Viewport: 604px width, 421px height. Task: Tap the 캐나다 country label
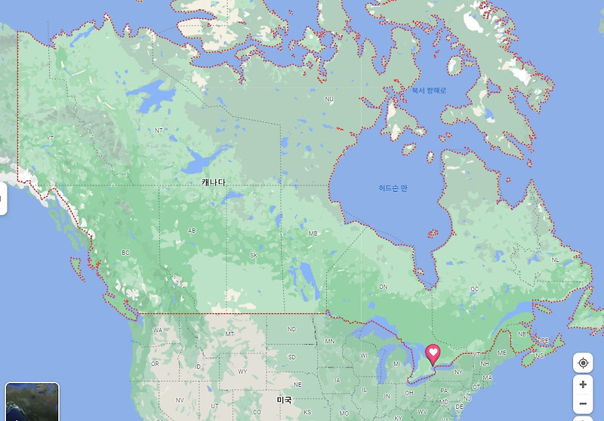pos(214,183)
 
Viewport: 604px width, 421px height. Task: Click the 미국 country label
pos(284,399)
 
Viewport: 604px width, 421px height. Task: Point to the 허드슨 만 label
pos(393,188)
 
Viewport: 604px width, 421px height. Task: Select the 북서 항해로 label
pos(429,91)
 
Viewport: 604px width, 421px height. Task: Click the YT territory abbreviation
pos(51,138)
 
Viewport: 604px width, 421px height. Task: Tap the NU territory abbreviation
pos(329,99)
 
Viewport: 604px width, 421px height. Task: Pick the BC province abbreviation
pos(125,253)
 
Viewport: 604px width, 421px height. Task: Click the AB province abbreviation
pos(192,231)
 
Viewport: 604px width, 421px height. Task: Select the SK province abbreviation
pos(254,255)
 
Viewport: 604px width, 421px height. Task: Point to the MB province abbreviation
pos(313,233)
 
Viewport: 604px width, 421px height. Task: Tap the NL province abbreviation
pos(555,260)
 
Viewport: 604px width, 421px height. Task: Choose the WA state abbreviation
pos(158,330)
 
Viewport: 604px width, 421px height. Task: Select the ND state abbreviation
pos(291,328)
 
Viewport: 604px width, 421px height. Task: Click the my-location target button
pos(583,363)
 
